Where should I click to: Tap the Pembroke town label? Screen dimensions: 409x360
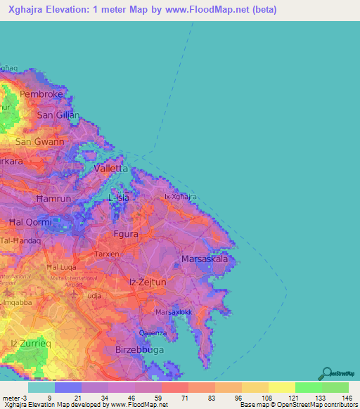[42, 93]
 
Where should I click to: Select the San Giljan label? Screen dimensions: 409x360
[58, 115]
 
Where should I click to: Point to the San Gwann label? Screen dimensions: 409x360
[40, 141]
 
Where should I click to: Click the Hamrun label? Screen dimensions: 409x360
[53, 199]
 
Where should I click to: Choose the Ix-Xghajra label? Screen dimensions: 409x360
[180, 197]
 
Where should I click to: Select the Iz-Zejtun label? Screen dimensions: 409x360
[146, 282]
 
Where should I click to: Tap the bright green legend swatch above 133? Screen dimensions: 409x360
[308, 387]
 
